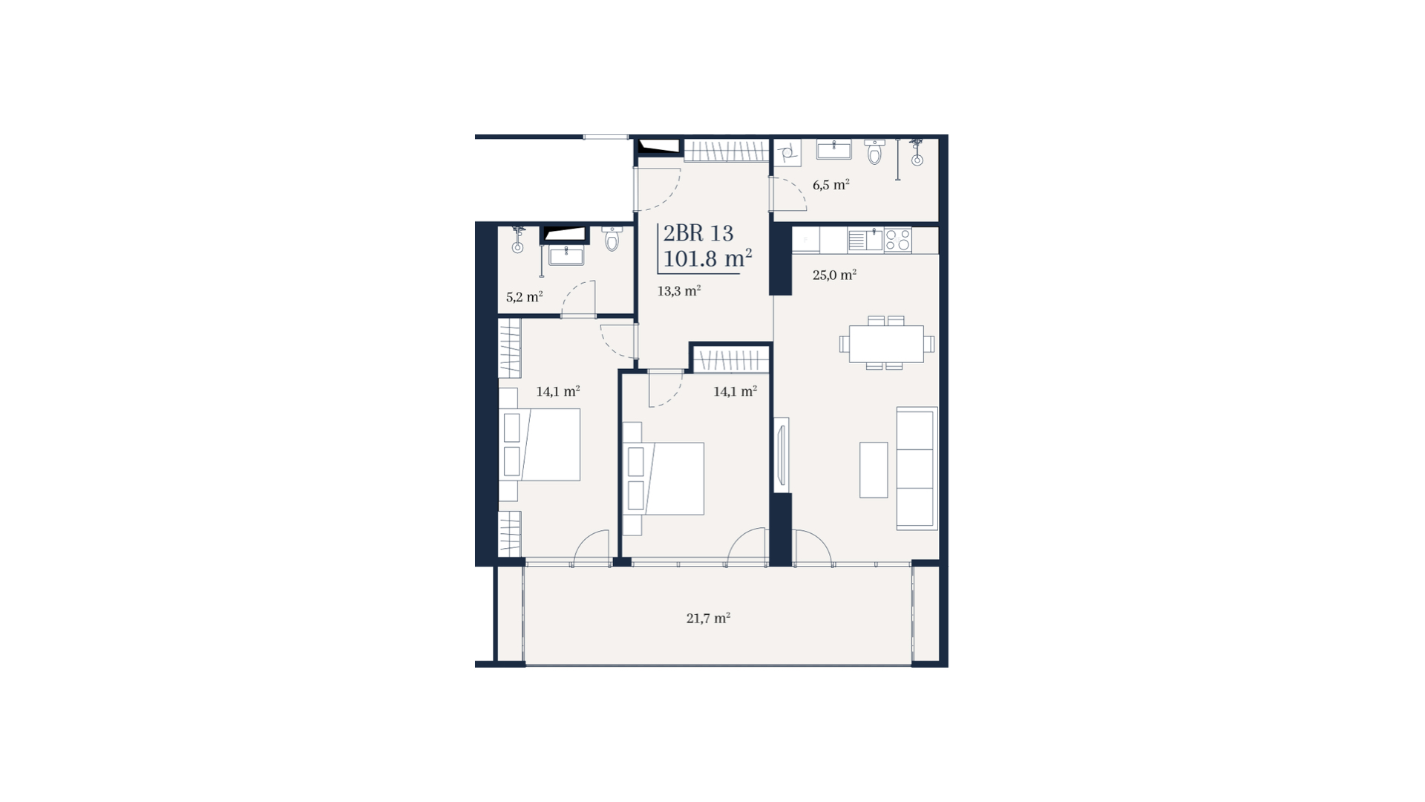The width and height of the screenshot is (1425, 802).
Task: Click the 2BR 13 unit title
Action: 698,233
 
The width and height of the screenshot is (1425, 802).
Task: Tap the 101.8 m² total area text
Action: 707,258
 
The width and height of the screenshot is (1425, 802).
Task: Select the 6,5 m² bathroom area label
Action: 831,185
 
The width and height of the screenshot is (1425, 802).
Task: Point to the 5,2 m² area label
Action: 524,297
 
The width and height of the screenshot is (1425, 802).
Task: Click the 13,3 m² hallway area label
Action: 678,291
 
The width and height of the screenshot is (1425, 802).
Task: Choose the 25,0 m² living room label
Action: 834,275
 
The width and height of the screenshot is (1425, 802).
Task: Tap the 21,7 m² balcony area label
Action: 708,618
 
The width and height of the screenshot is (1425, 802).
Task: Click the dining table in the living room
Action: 886,344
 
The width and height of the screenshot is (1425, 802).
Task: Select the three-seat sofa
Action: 917,468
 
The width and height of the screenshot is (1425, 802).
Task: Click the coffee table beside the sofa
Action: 874,470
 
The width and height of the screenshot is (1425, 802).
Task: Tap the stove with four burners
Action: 897,240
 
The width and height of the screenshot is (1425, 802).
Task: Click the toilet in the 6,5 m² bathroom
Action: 875,151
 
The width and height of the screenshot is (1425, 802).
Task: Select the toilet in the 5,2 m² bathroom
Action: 612,238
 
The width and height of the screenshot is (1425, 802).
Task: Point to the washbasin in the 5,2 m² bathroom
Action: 566,255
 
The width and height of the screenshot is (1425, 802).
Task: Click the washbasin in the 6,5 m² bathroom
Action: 834,149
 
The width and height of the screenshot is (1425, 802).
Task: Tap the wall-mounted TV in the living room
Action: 781,455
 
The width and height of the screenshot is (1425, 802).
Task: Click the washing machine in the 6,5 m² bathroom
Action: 787,153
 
